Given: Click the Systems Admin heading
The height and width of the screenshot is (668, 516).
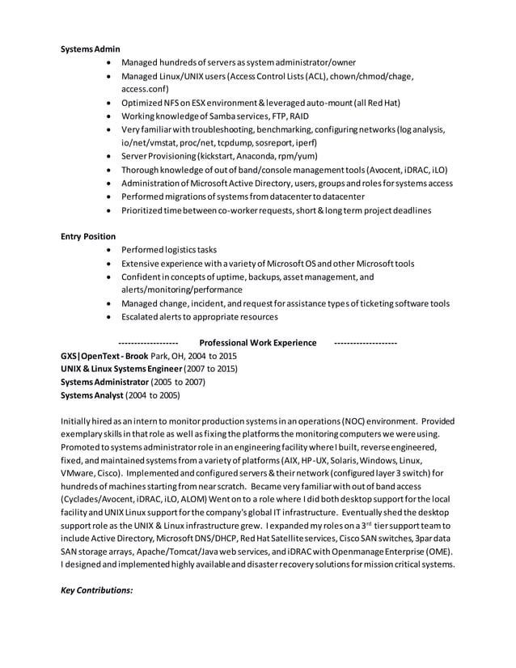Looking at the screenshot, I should tap(91, 49).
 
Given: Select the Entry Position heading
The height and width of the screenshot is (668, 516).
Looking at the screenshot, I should tap(88, 236).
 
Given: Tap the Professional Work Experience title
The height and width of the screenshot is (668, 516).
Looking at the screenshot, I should tap(257, 343).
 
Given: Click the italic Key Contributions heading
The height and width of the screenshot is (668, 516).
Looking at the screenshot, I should tap(97, 590).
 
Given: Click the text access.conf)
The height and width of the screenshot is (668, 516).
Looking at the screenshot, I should tap(145, 90).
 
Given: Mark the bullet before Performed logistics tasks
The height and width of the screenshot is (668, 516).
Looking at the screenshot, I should tap(108, 250).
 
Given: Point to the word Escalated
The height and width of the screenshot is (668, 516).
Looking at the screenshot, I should tap(142, 317).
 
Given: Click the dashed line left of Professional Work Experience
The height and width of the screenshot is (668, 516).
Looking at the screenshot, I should tap(148, 343).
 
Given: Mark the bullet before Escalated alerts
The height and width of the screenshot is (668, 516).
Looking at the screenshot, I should tap(108, 317).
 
